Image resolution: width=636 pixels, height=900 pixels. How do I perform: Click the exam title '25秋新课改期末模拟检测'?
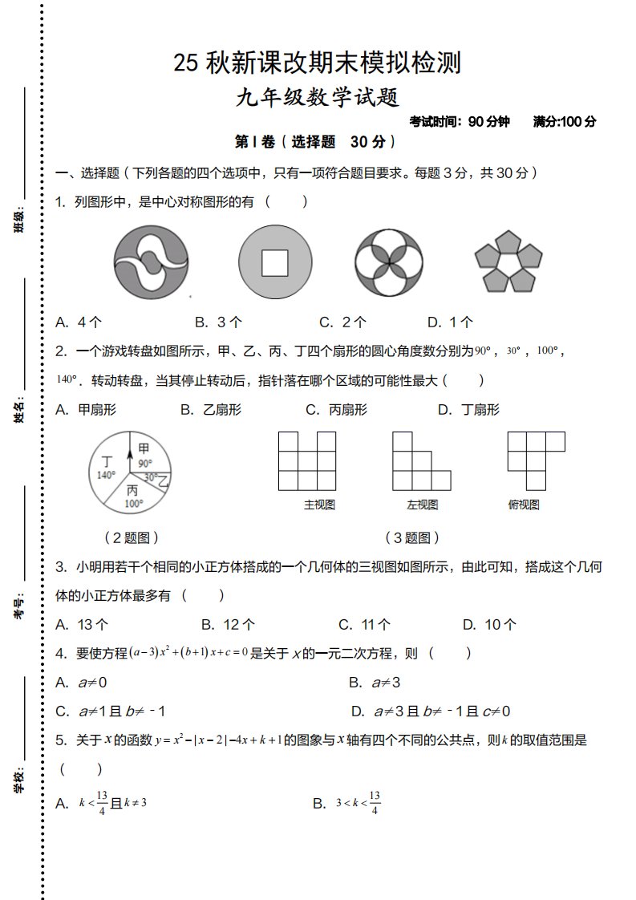317,63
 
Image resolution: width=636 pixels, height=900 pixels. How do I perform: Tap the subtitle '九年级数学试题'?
318,98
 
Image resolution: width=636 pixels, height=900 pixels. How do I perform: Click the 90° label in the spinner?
144,463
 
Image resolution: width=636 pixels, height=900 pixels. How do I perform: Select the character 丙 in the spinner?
132,490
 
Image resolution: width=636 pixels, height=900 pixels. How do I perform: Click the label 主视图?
318,505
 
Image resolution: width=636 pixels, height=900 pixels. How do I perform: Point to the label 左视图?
422,505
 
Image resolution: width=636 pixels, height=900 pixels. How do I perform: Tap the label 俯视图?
524,505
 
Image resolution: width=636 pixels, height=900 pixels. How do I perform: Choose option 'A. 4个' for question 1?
79,322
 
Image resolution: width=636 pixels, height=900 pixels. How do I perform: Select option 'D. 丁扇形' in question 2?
468,410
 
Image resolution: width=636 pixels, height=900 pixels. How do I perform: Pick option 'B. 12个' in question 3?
228,624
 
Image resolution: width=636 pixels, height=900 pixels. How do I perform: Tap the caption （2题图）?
131,537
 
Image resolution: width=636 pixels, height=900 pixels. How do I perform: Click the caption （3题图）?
412,537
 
